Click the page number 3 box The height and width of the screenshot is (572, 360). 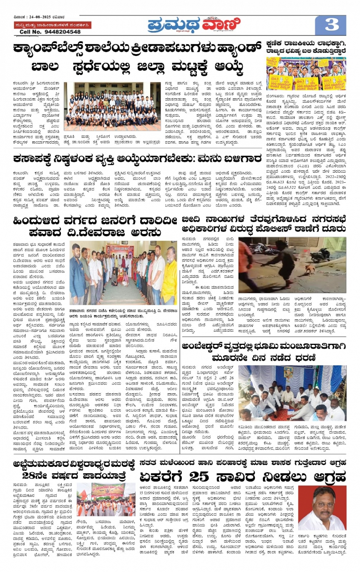pyautogui.click(x=331, y=25)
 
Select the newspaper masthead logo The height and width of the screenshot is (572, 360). pyautogui.click(x=194, y=25)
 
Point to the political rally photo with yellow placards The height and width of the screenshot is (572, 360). pyautogui.click(x=306, y=74)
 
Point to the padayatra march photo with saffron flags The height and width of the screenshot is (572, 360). pyautogui.click(x=106, y=499)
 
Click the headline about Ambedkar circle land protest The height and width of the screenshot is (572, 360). pyautogui.click(x=263, y=352)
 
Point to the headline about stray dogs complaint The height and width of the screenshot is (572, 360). pyautogui.click(x=263, y=224)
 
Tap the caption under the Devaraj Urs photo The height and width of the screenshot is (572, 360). pyautogui.click(x=123, y=313)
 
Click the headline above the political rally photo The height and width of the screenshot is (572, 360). pyautogui.click(x=306, y=47)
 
